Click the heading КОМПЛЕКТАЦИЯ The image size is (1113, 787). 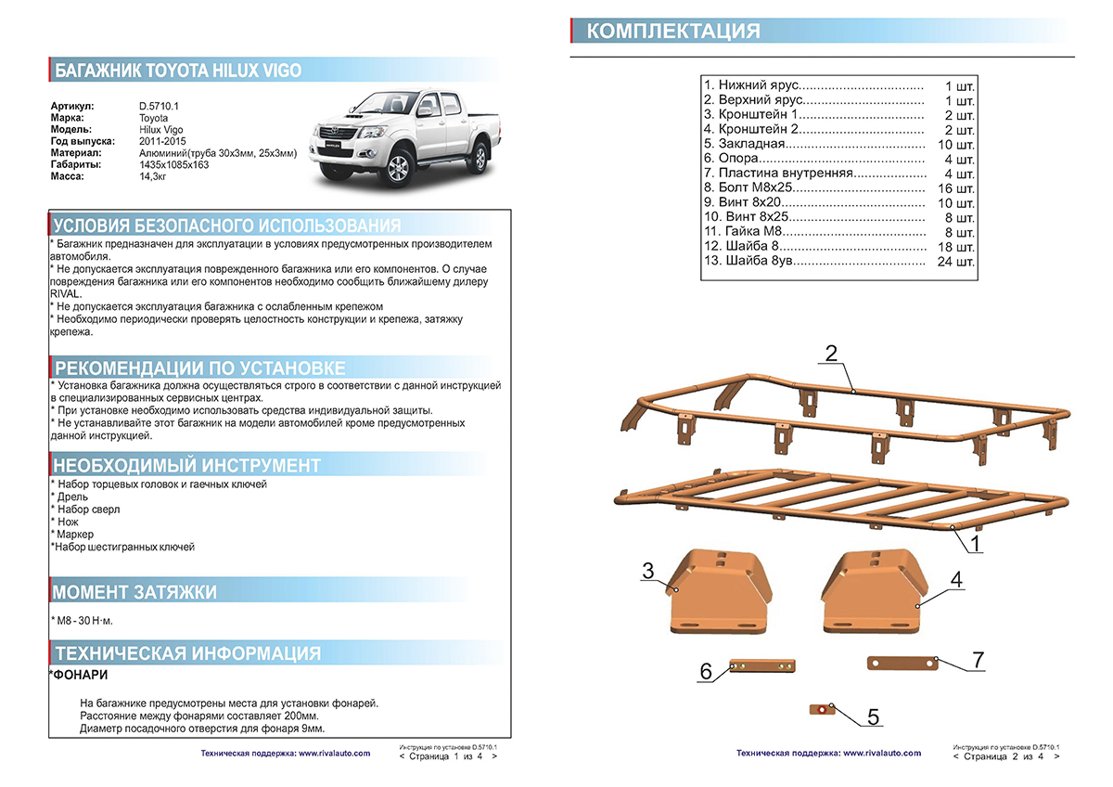click(673, 32)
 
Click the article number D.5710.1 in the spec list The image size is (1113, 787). click(159, 107)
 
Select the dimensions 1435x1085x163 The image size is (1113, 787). click(173, 164)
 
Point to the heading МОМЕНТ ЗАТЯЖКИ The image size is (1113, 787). click(135, 592)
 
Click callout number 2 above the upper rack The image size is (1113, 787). click(831, 353)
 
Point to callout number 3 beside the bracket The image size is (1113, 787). click(648, 572)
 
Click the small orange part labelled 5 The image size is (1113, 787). click(823, 709)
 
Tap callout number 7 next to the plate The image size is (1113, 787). click(978, 660)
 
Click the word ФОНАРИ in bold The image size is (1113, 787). click(79, 675)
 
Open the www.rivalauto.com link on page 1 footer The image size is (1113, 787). click(334, 754)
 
